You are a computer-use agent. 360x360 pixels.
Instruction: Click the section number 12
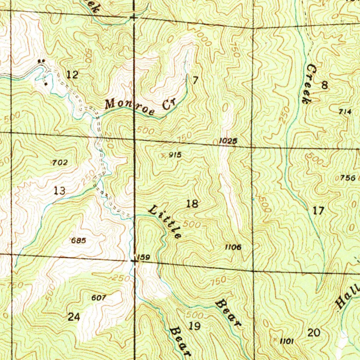[73, 75]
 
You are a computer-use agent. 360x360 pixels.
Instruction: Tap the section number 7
[195, 80]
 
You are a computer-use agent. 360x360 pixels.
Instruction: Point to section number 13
[59, 191]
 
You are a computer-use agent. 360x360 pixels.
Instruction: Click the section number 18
[192, 204]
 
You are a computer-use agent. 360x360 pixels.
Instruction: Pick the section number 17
[318, 211]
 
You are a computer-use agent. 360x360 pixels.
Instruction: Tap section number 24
[73, 317]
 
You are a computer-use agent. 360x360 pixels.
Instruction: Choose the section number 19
[194, 326]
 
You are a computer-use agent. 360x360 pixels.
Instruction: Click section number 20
[314, 333]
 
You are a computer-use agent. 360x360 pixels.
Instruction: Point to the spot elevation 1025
[228, 141]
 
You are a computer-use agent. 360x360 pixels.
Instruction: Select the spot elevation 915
[175, 154]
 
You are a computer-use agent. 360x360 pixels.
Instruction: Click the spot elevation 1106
[233, 247]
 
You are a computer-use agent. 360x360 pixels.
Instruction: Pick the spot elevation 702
[59, 162]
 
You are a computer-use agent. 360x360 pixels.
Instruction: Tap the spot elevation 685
[78, 241]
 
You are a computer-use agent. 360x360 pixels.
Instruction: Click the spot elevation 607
[98, 298]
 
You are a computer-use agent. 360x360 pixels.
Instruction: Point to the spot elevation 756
[348, 178]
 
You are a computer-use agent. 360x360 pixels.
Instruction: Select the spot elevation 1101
[287, 341]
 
